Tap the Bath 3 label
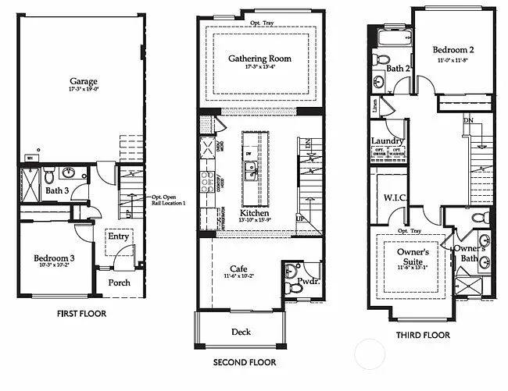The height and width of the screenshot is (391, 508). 55,190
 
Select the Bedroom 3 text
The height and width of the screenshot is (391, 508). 55,258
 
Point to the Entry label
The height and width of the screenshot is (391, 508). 119,236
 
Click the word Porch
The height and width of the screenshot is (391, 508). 119,283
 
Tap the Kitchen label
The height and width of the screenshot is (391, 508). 255,212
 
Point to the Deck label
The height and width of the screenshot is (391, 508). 241,332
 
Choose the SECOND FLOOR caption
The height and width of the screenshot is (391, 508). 245,362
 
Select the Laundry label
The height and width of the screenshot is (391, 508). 388,140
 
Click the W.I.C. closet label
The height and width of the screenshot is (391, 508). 394,197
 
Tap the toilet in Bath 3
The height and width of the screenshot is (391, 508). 48,174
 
